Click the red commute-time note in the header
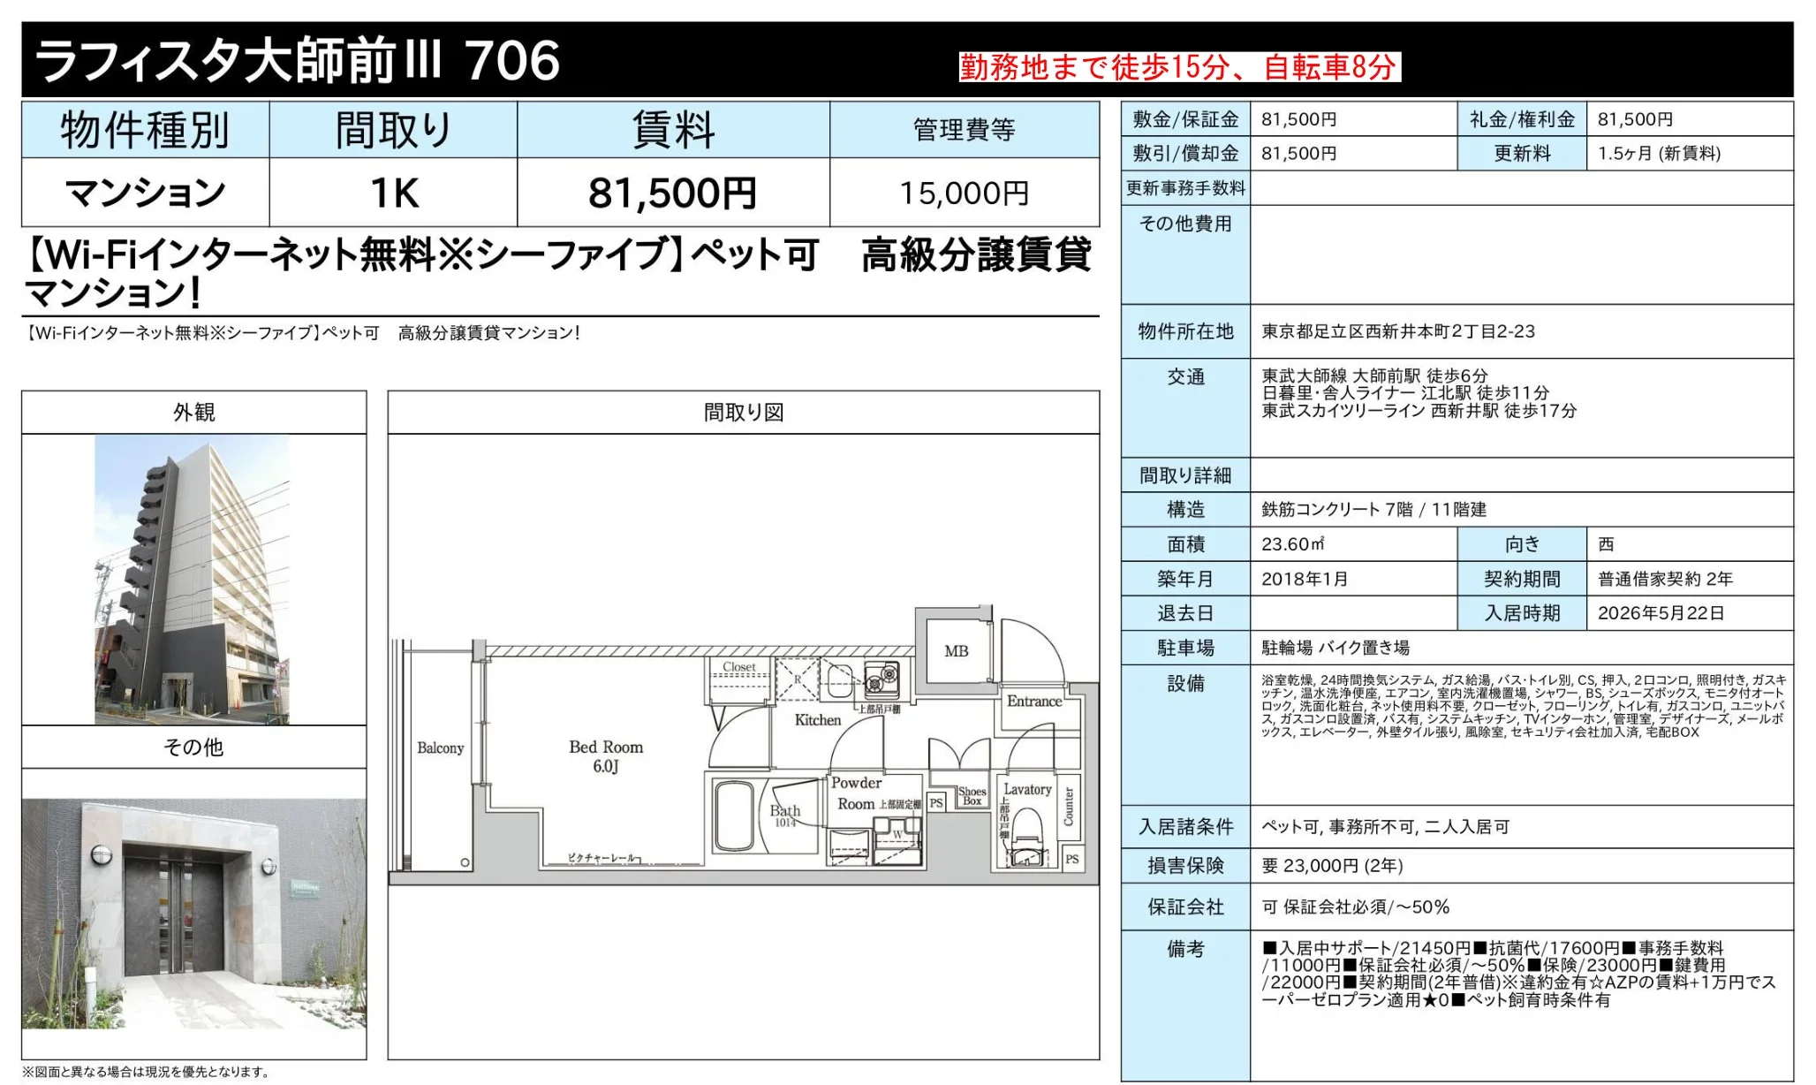pyautogui.click(x=1179, y=67)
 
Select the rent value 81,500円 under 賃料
pyautogui.click(x=672, y=193)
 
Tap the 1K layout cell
pyautogui.click(x=393, y=193)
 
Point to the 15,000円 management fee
pyautogui.click(x=964, y=193)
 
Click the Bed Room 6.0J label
pyautogui.click(x=606, y=755)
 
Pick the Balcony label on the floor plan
pyautogui.click(x=440, y=748)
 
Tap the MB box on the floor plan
pyautogui.click(x=956, y=651)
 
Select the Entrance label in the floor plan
pyautogui.click(x=1034, y=702)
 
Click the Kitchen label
pyautogui.click(x=818, y=720)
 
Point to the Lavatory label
pyautogui.click(x=1027, y=789)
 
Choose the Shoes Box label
pyautogui.click(x=972, y=796)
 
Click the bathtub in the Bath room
pyautogui.click(x=733, y=815)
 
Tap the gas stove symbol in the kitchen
pyautogui.click(x=881, y=679)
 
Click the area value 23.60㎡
pyautogui.click(x=1292, y=544)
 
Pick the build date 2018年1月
pyautogui.click(x=1305, y=579)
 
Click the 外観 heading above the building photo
pyautogui.click(x=193, y=413)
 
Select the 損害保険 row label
pyautogui.click(x=1185, y=866)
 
